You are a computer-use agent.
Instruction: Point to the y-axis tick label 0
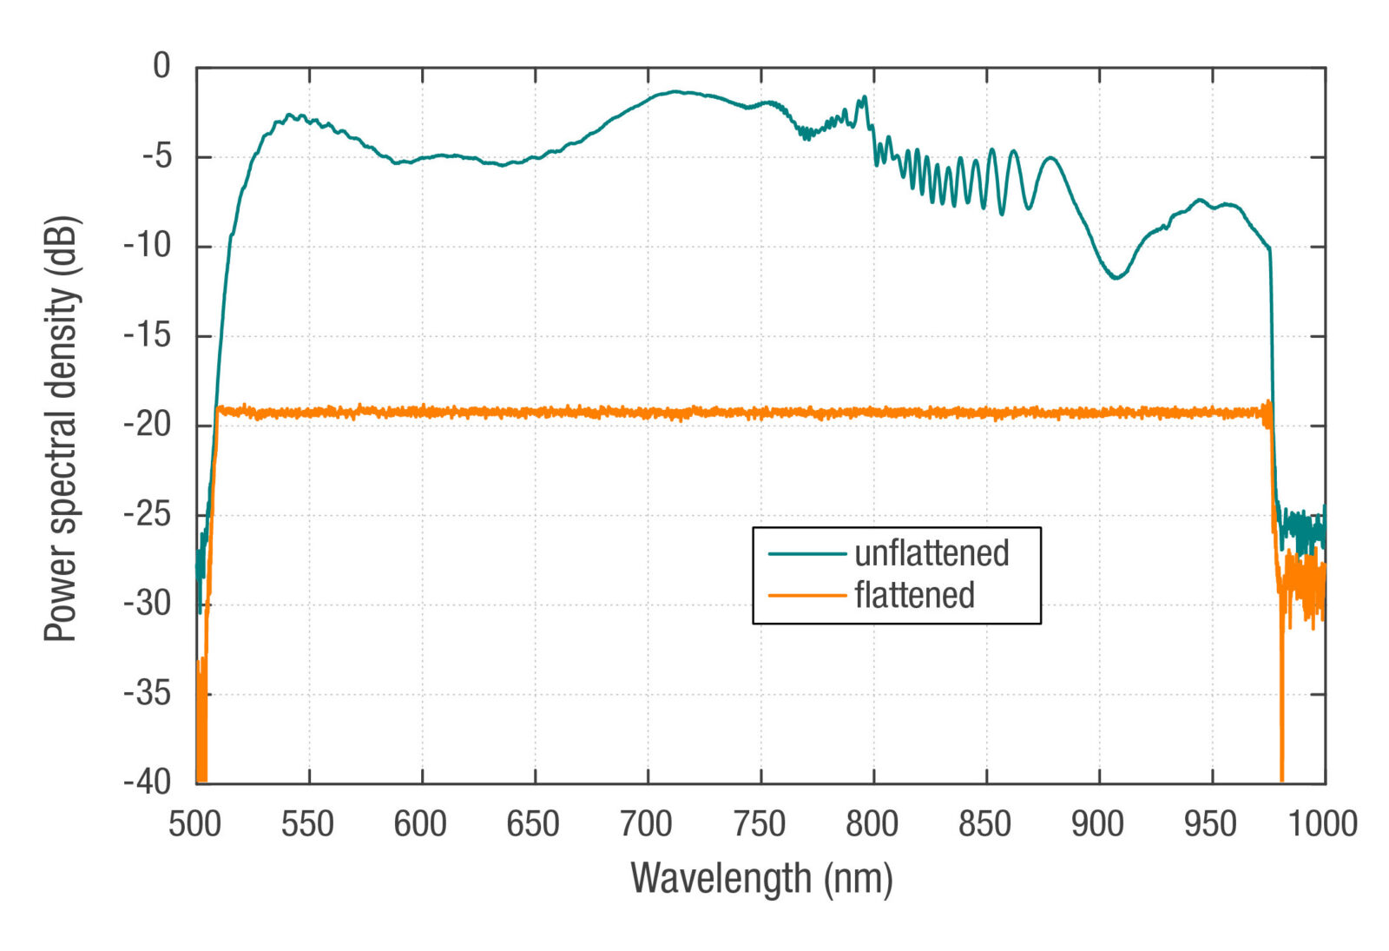coord(161,66)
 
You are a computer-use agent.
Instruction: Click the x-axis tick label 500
coord(195,824)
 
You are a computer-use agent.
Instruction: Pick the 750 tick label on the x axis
coord(760,824)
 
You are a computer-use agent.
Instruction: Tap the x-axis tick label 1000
coord(1322,824)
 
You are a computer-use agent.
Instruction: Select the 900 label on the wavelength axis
coord(1097,824)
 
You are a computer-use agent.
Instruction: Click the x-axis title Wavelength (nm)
coord(761,878)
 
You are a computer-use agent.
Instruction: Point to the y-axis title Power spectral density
coord(62,428)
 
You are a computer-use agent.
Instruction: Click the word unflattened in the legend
coord(931,553)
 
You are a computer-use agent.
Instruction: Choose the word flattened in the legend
coord(914,596)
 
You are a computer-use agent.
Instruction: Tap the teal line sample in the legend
coord(806,553)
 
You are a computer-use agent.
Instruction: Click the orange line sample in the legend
coord(806,596)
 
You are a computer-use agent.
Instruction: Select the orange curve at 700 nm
coord(648,413)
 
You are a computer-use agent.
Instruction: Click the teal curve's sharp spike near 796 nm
coord(865,97)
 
